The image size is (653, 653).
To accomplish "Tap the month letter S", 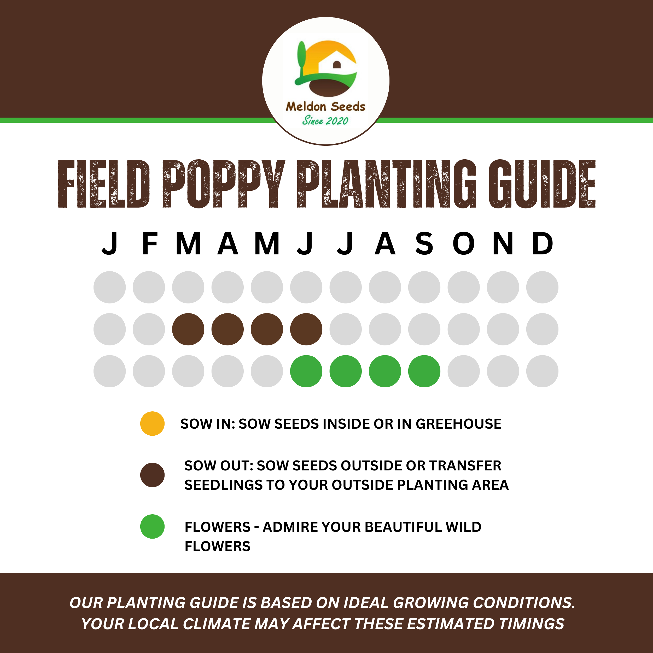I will pyautogui.click(x=424, y=243).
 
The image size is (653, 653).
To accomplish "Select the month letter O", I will pyautogui.click(x=463, y=243).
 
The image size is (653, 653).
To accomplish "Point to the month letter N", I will pyautogui.click(x=503, y=243).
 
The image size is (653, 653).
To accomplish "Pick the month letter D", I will pyautogui.click(x=543, y=243).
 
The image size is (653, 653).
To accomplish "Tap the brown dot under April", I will pyautogui.click(x=228, y=329).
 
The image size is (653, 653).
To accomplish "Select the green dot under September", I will pyautogui.click(x=424, y=371).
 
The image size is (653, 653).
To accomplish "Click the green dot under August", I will pyautogui.click(x=385, y=371).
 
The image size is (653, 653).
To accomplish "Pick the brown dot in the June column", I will pyautogui.click(x=306, y=329).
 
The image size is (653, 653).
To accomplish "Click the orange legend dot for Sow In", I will pyautogui.click(x=153, y=423).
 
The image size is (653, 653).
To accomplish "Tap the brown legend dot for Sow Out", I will pyautogui.click(x=153, y=475).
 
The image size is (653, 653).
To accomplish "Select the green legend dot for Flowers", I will pyautogui.click(x=153, y=526).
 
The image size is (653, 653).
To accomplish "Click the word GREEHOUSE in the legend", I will pyautogui.click(x=458, y=424).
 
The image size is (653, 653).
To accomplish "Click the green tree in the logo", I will pyautogui.click(x=301, y=57).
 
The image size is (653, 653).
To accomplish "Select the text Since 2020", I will pyautogui.click(x=325, y=121).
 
